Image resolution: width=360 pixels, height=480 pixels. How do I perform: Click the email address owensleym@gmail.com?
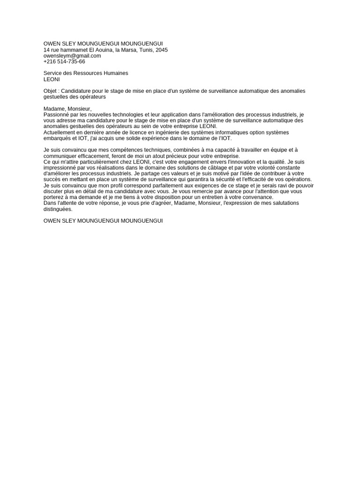point(72,56)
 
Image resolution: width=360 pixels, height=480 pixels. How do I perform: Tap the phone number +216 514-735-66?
point(64,61)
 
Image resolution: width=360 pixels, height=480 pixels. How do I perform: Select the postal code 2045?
point(161,50)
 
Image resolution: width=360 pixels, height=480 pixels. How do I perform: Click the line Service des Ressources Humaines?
point(86,73)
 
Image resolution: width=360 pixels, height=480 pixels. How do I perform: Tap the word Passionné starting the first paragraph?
point(56,115)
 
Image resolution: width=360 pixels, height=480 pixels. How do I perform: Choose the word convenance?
point(258,197)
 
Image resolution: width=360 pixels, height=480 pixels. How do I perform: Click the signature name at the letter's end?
point(103,220)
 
